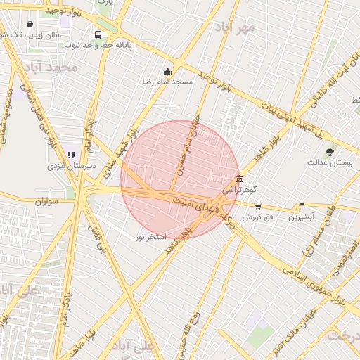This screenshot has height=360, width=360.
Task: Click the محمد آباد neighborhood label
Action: point(50,67)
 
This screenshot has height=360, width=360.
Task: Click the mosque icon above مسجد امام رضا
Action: point(167,71)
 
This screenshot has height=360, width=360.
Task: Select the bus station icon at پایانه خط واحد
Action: point(97,34)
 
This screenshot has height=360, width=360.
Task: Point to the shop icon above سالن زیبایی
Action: point(30,25)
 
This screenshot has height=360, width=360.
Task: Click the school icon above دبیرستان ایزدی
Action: point(70,155)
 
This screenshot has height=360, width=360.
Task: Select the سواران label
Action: point(50,201)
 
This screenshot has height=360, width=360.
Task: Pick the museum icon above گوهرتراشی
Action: point(240,179)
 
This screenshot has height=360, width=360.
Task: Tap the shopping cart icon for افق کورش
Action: point(258,206)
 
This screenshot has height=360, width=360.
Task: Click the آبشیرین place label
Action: point(302,217)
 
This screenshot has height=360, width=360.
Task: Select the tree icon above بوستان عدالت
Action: point(330,150)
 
